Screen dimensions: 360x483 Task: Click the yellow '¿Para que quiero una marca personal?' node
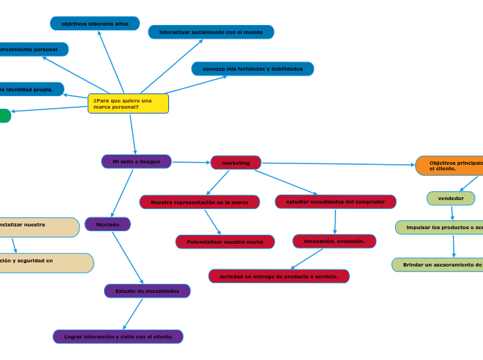pyautogui.click(x=128, y=104)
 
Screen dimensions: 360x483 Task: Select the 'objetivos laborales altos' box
pyautogui.click(x=95, y=24)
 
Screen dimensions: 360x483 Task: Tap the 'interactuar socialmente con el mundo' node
pyautogui.click(x=211, y=32)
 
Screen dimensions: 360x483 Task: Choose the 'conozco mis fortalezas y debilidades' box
pyautogui.click(x=252, y=69)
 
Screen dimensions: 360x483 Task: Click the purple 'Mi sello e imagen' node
pyautogui.click(x=137, y=161)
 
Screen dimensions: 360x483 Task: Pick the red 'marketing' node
pyautogui.click(x=236, y=163)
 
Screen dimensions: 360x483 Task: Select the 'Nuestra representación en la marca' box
pyautogui.click(x=200, y=202)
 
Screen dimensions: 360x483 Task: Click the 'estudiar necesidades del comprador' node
pyautogui.click(x=335, y=201)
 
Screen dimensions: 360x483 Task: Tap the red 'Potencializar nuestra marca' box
pyautogui.click(x=225, y=242)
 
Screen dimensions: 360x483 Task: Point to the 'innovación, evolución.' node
pyautogui.click(x=334, y=241)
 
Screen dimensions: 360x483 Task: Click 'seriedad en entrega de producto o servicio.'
pyautogui.click(x=279, y=276)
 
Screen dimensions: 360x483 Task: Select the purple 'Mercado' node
pyautogui.click(x=107, y=224)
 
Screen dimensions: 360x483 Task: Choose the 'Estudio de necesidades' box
pyautogui.click(x=147, y=291)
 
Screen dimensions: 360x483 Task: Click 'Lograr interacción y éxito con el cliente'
pyautogui.click(x=118, y=336)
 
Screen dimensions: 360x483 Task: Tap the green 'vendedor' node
pyautogui.click(x=451, y=199)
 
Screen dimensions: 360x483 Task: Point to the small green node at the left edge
pyautogui.click(x=5, y=116)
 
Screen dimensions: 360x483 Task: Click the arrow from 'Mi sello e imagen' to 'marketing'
pyautogui.click(x=191, y=163)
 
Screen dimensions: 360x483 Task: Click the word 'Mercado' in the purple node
pyautogui.click(x=107, y=224)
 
